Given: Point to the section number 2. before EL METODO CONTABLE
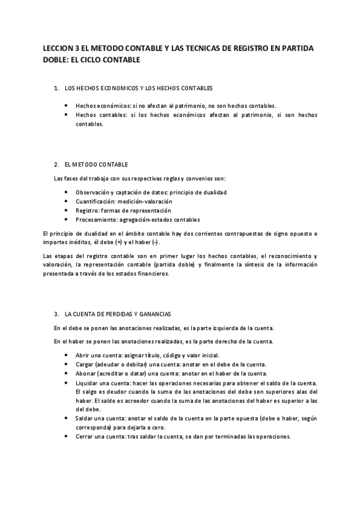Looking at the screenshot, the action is click(x=56, y=164).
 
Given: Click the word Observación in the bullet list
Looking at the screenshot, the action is click(x=92, y=192).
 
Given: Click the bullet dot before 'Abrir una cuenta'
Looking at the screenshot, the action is click(x=66, y=355).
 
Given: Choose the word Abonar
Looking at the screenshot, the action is click(x=85, y=373).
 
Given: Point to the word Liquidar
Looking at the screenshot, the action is click(x=87, y=383).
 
